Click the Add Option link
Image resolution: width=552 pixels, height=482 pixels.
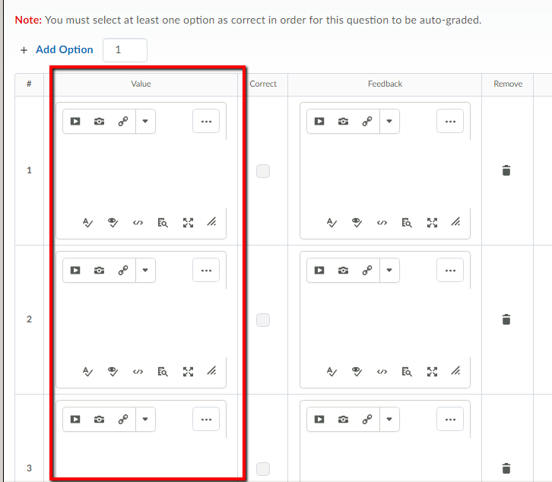coord(64,49)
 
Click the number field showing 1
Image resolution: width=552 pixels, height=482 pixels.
coord(124,50)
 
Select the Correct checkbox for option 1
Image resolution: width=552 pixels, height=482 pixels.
coord(263,171)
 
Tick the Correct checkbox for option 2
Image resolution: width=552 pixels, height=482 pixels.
coord(263,320)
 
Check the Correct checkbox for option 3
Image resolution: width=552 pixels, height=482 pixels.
coord(263,468)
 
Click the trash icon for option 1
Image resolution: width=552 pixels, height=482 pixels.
coord(506,171)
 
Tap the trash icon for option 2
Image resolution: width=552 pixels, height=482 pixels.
coord(506,320)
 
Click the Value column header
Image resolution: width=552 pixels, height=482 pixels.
coord(141,84)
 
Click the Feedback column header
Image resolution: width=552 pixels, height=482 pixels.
coord(385,84)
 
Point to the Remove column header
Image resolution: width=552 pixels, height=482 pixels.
coord(508,84)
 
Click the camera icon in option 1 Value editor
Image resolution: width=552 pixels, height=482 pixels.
coord(100,121)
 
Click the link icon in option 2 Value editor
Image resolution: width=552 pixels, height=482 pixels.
coord(123,270)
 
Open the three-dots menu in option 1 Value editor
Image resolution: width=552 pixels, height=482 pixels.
coord(206,121)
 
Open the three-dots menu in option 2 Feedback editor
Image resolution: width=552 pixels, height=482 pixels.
coord(450,270)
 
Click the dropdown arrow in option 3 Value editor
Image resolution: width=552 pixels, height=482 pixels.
coord(145,419)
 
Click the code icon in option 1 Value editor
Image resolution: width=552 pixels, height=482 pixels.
coord(138,223)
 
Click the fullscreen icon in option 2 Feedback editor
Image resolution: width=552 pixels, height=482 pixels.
coord(432,372)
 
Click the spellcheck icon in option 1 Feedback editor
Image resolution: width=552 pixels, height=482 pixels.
coord(332,223)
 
